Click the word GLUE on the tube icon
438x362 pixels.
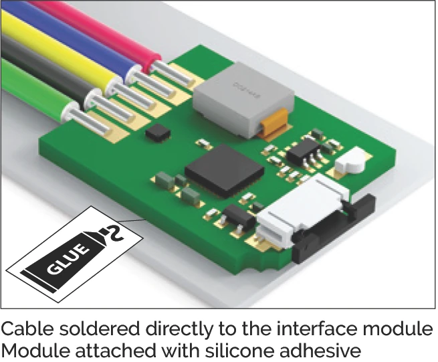68,258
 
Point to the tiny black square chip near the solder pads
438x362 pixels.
157,132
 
